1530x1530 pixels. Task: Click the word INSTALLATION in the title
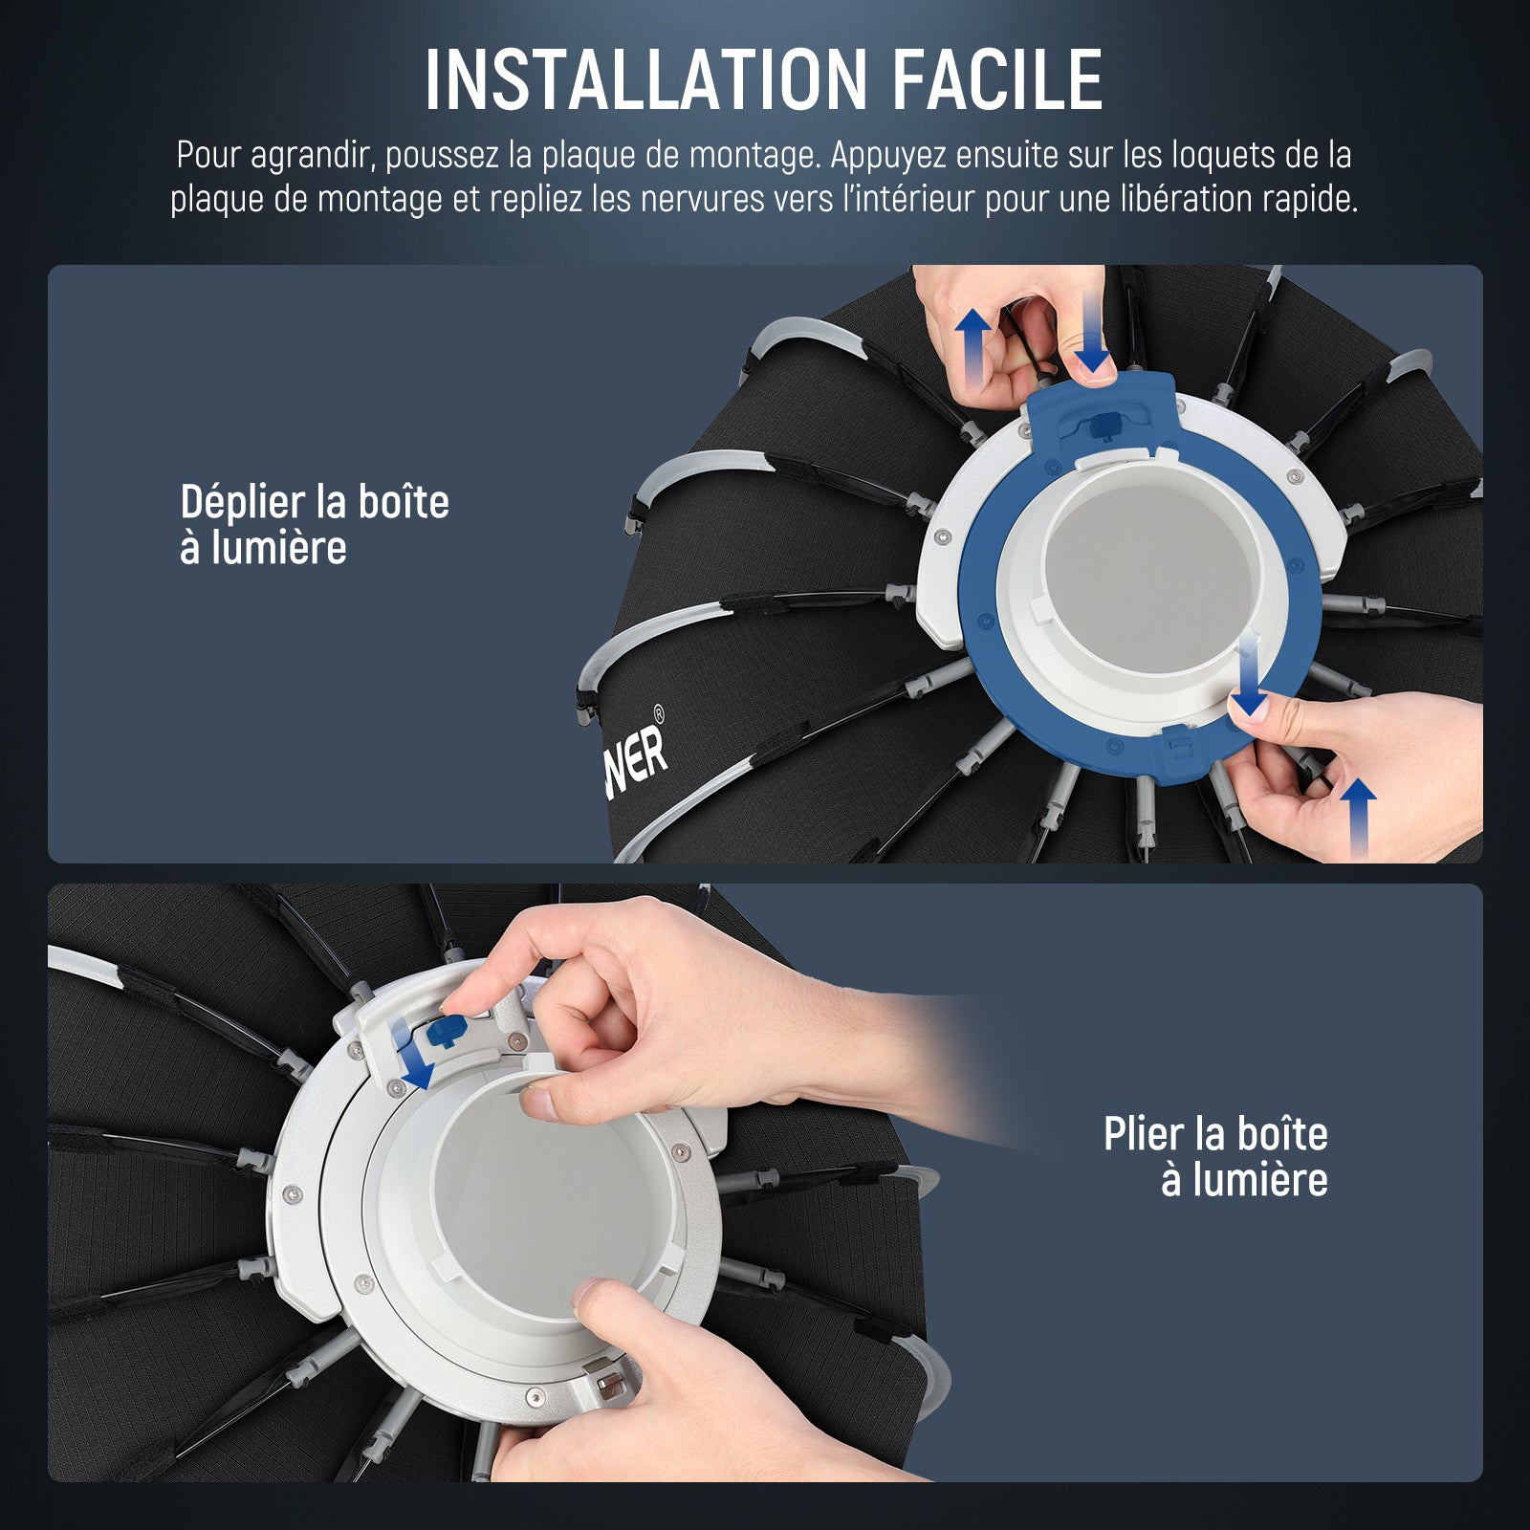click(645, 78)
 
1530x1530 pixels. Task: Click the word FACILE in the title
click(997, 78)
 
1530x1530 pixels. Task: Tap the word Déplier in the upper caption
click(241, 503)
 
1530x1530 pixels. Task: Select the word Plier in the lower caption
click(1144, 1134)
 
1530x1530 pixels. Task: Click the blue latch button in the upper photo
click(1108, 423)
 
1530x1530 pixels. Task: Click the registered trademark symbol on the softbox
click(658, 712)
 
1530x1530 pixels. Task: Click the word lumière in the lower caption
click(1245, 1180)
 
